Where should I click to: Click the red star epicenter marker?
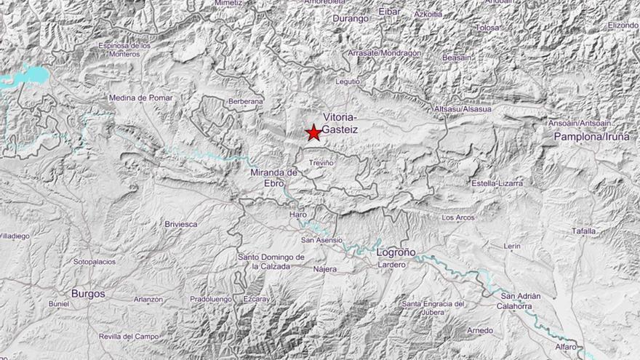click(313, 132)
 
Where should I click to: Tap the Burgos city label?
click(88, 294)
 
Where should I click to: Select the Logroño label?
click(396, 252)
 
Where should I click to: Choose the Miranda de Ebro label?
click(274, 177)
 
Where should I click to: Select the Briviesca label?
click(181, 224)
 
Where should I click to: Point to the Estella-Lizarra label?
click(497, 183)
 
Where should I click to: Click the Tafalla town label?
click(583, 231)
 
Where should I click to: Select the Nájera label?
click(324, 269)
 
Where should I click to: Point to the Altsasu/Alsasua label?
click(462, 109)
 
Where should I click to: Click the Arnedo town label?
click(479, 330)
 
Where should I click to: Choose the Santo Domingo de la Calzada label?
click(271, 262)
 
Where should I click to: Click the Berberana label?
click(245, 101)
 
